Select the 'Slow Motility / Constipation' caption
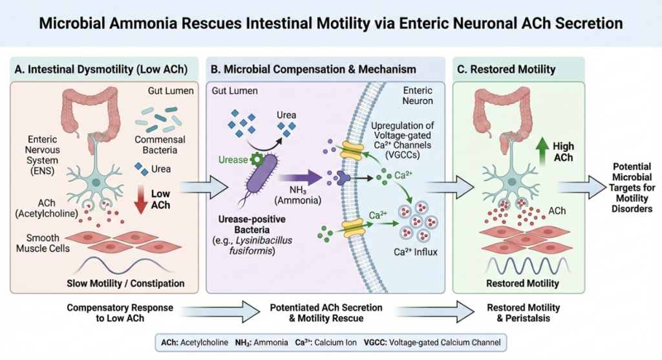coord(125,283)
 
